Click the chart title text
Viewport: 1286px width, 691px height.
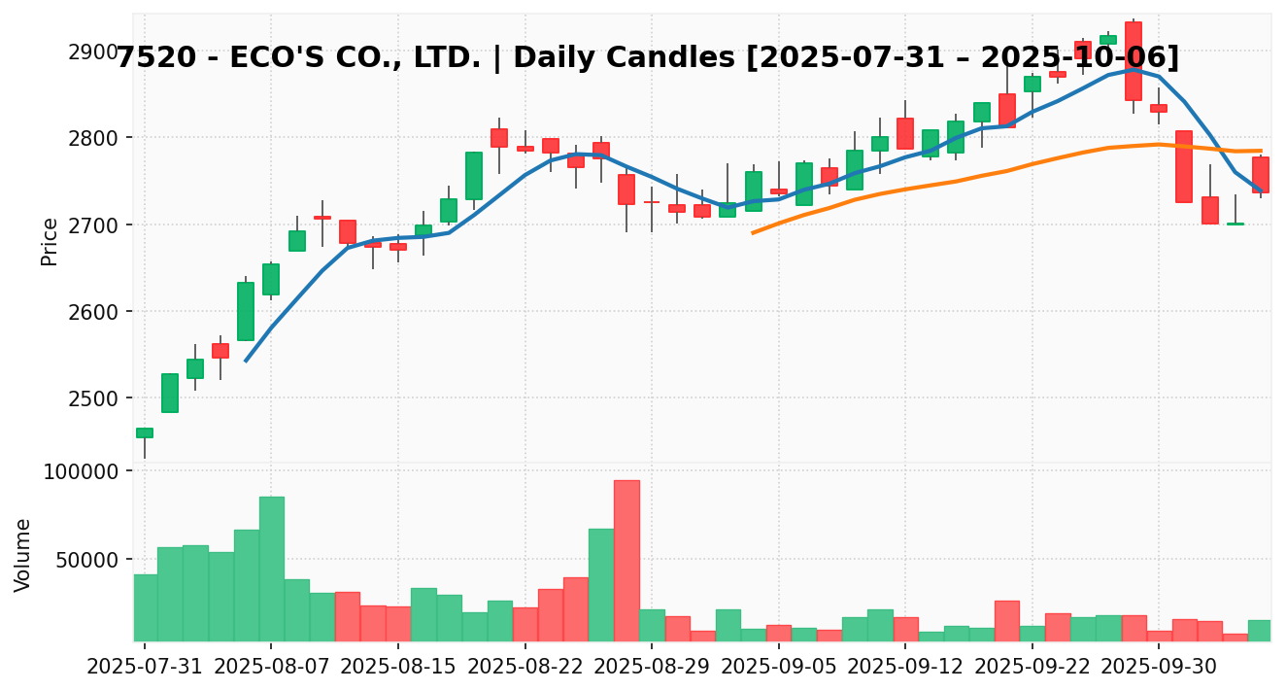point(647,58)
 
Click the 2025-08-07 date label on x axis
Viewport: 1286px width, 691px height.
point(271,668)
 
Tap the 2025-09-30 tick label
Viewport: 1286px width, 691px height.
point(1159,668)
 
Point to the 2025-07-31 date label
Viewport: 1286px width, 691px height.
point(145,668)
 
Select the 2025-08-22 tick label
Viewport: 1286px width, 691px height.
point(525,668)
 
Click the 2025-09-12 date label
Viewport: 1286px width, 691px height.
point(905,668)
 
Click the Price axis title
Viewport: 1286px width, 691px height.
point(50,241)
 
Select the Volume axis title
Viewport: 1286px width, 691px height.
point(23,554)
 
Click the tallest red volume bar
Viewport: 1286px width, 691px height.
point(626,561)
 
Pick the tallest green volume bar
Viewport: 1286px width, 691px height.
point(271,569)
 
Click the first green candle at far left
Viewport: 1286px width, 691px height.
point(145,432)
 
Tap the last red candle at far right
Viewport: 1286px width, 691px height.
point(1261,175)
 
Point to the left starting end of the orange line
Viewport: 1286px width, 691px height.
point(753,232)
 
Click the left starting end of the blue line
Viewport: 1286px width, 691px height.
point(246,361)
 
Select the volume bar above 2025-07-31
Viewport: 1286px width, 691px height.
point(145,607)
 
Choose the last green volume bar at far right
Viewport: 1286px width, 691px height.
point(1260,631)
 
